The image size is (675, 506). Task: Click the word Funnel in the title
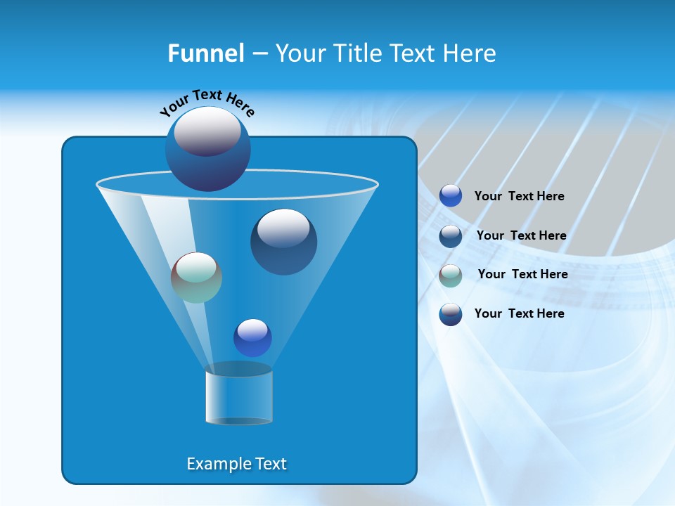point(206,53)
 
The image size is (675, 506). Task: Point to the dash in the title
point(259,54)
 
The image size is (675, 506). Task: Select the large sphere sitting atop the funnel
point(208,149)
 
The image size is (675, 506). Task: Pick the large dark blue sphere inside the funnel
point(283,242)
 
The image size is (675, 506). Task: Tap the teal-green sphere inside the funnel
point(196,278)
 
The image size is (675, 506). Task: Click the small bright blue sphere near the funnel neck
point(252,338)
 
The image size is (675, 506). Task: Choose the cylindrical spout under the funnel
point(239,395)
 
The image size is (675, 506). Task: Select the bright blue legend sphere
point(451,196)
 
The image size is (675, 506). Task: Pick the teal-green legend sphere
point(451,275)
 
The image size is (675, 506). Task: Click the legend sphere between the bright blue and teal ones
point(451,236)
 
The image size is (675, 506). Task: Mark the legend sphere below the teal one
point(451,314)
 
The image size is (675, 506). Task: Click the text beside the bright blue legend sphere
point(519,196)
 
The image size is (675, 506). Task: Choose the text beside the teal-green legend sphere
point(522,274)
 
